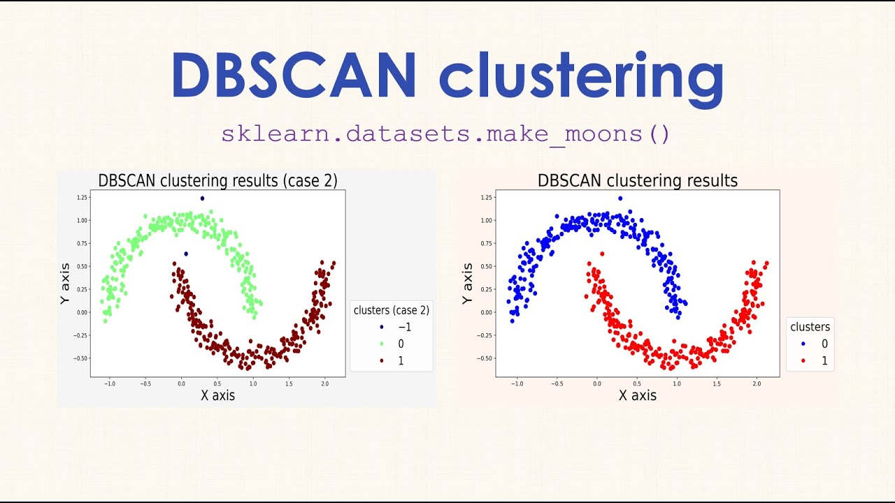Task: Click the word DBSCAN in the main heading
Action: [x=294, y=75]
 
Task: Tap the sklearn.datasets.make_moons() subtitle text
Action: [x=446, y=133]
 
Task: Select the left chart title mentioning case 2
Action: [x=217, y=180]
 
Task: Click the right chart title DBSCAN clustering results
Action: [x=637, y=180]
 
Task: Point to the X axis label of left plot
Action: [x=217, y=395]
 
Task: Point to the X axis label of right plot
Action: [x=637, y=395]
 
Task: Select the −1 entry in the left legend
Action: [x=395, y=327]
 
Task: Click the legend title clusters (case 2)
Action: [x=391, y=310]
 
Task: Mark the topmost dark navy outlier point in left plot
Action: [x=202, y=198]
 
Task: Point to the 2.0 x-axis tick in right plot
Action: [x=756, y=384]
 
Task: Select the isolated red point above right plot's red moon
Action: [x=601, y=254]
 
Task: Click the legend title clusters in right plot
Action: [x=810, y=327]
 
